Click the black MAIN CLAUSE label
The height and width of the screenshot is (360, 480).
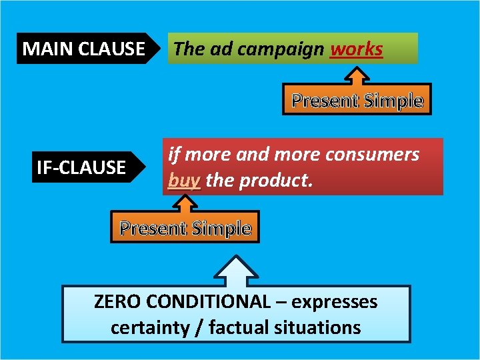tap(83, 49)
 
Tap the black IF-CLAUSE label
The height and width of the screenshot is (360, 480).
tap(81, 167)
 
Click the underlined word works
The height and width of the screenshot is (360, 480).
tap(357, 49)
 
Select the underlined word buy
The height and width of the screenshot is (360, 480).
tap(184, 181)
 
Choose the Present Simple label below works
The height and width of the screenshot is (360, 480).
tap(357, 101)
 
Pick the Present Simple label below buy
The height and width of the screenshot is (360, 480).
tap(185, 229)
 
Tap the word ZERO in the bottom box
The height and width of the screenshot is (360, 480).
tap(117, 302)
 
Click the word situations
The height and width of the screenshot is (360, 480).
tap(320, 327)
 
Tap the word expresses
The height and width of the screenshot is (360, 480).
tap(335, 302)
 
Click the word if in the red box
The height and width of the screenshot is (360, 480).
tap(174, 155)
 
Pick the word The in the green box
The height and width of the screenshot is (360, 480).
tap(187, 49)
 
